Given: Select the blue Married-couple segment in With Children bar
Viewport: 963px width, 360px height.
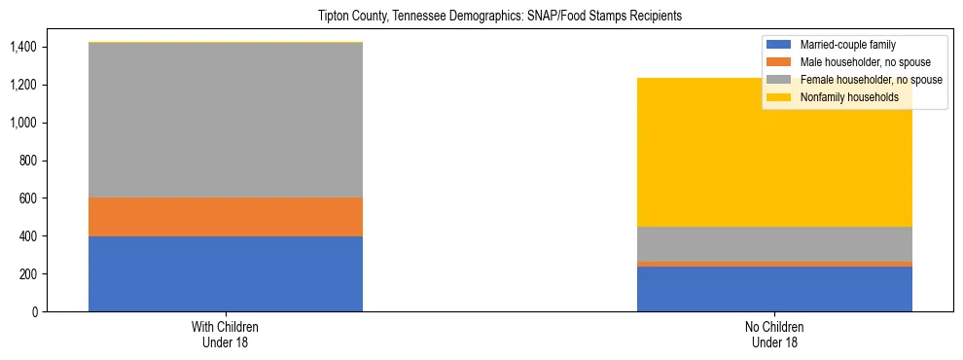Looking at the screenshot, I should [x=226, y=273].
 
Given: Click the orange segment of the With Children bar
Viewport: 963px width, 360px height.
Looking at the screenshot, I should [x=226, y=217].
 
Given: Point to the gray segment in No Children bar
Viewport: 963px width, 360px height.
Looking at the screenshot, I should [x=774, y=243].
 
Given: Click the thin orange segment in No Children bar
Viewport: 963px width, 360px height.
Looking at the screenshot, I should [x=774, y=264].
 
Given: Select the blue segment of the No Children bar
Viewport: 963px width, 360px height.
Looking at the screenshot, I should [x=774, y=289].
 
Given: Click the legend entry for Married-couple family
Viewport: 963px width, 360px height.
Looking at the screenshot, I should [x=842, y=45].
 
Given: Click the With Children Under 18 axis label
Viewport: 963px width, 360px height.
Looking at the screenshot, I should [x=226, y=335].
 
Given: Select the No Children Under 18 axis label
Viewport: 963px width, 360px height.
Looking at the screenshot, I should [x=774, y=335].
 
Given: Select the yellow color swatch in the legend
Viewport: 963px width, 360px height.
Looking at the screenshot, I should [x=779, y=97].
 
